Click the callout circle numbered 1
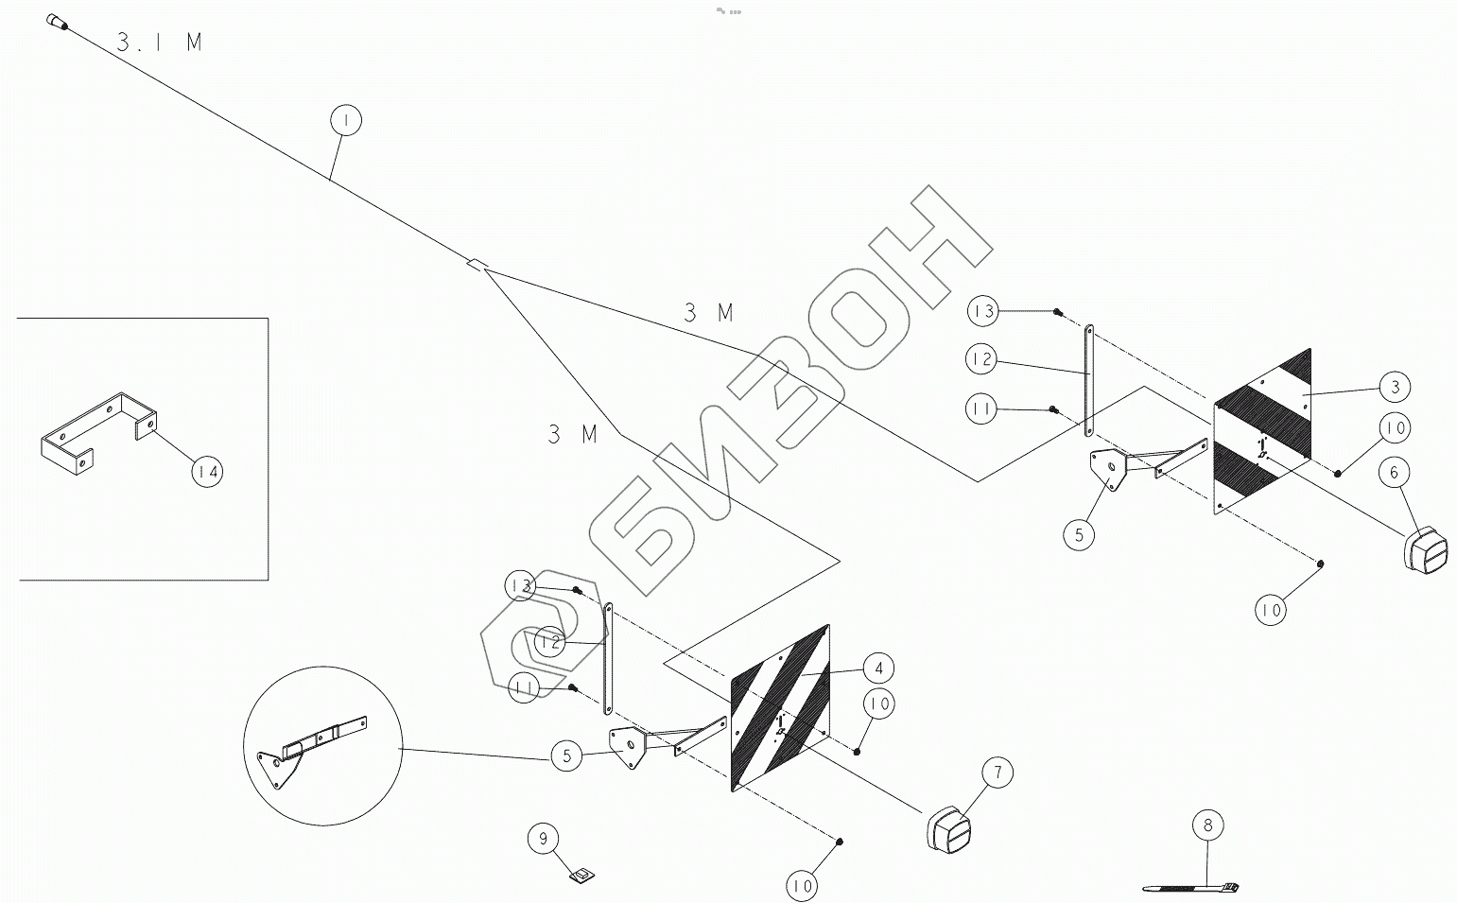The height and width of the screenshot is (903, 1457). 347,121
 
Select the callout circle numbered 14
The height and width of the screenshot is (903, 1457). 207,471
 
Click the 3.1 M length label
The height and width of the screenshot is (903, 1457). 159,42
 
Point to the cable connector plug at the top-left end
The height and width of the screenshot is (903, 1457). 56,22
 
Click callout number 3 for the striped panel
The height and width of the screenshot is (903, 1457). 1395,387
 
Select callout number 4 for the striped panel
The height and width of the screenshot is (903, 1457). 877,669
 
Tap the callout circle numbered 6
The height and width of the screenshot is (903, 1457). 1395,471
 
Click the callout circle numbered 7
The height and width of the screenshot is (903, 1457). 997,773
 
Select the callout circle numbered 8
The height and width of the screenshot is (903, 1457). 1207,825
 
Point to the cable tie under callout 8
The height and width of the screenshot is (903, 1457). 1191,889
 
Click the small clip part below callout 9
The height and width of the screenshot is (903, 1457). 581,877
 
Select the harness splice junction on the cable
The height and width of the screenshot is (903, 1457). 476,265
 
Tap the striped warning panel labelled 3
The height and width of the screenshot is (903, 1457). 1262,430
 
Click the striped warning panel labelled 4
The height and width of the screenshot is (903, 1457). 780,706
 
